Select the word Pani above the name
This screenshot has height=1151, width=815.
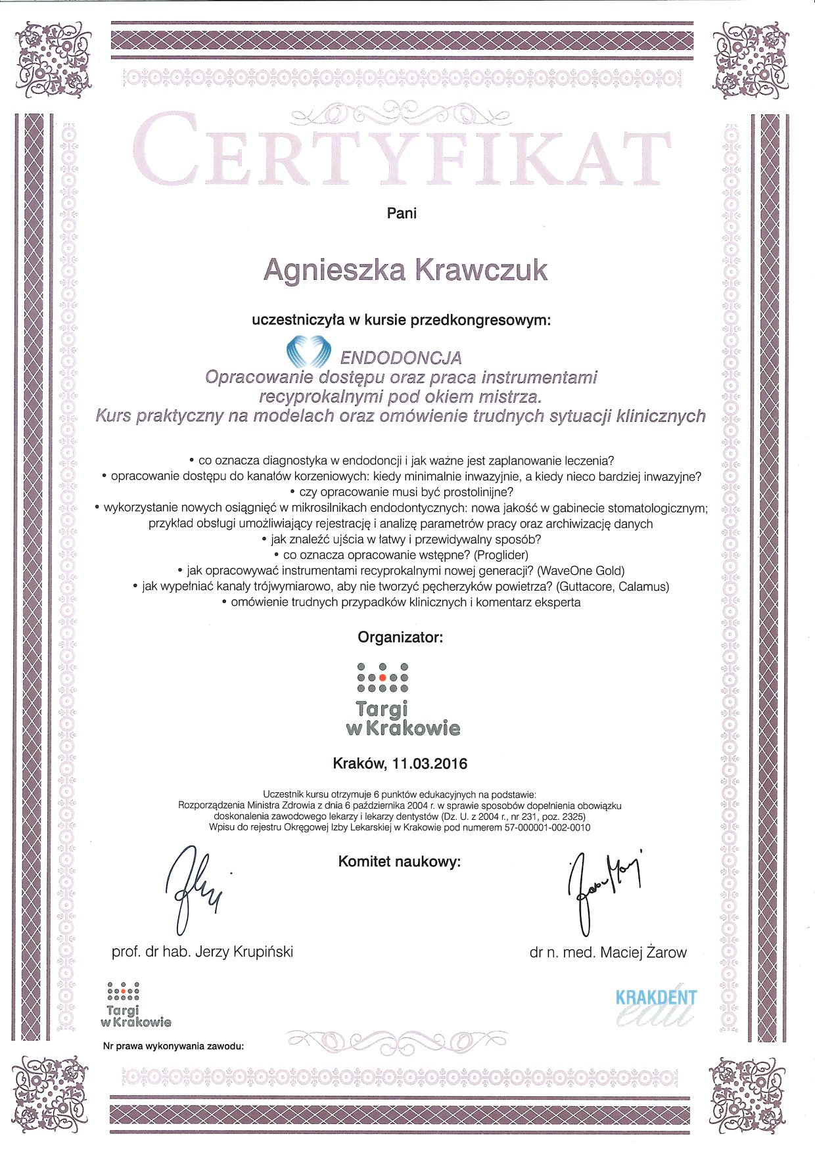[402, 214]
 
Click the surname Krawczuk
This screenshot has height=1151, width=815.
[482, 271]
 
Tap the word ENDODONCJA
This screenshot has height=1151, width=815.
[401, 358]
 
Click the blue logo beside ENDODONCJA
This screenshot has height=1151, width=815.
[308, 352]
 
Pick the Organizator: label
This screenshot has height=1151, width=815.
[400, 637]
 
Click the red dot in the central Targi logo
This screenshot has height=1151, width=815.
[383, 677]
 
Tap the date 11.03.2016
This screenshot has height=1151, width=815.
[429, 763]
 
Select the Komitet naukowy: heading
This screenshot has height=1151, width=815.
[399, 861]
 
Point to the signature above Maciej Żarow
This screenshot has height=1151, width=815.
[601, 887]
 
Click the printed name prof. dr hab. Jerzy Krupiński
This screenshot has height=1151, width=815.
[202, 951]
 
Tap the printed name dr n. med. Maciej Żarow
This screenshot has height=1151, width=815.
[608, 953]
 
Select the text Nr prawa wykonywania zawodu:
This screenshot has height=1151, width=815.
[174, 1045]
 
